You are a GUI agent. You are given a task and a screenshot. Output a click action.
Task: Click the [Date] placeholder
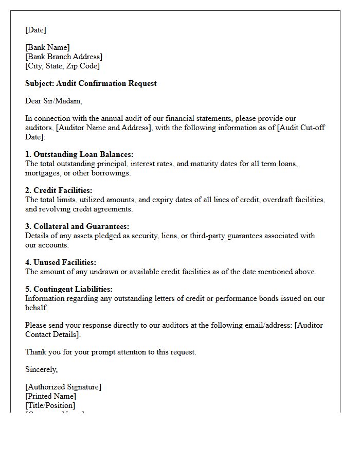[x=35, y=30]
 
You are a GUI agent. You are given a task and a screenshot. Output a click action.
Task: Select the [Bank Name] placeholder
[x=47, y=47]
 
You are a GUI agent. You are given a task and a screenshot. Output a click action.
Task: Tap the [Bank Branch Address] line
[x=64, y=57]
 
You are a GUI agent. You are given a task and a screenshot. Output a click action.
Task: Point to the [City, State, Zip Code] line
[x=62, y=66]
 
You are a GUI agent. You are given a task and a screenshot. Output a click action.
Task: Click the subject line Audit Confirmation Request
[x=91, y=83]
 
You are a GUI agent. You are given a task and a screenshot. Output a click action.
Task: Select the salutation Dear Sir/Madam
[x=53, y=101]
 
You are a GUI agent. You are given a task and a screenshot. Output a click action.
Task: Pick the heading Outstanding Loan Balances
[x=79, y=154]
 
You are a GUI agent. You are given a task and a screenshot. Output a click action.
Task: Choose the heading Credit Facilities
[x=59, y=190]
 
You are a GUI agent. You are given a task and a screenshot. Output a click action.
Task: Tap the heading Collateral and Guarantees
[x=77, y=226]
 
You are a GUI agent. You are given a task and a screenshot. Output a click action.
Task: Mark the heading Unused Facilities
[x=61, y=262]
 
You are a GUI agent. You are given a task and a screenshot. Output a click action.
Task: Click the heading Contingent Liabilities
[x=69, y=289]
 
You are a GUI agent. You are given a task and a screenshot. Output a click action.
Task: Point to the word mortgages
[x=42, y=173]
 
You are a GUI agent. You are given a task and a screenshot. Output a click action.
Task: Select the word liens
[x=168, y=236]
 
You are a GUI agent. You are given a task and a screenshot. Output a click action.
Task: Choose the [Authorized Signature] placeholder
[x=63, y=387]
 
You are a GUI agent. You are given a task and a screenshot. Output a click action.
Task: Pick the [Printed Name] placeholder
[x=50, y=396]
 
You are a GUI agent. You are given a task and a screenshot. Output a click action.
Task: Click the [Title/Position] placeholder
[x=50, y=405]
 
